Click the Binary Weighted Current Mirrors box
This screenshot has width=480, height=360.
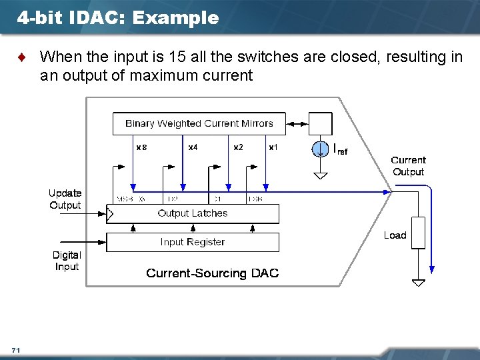[199, 123]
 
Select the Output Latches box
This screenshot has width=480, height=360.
[193, 213]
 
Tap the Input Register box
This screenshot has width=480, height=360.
[193, 242]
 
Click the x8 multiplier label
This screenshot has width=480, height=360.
[141, 147]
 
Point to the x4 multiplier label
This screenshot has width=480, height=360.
[192, 147]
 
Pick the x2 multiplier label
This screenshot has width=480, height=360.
[238, 147]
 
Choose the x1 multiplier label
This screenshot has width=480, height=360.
[273, 147]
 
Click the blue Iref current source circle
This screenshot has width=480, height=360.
[321, 149]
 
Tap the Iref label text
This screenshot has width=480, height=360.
[339, 151]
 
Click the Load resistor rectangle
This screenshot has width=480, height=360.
[418, 232]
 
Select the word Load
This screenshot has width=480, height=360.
[395, 235]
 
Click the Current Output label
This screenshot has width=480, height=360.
[408, 166]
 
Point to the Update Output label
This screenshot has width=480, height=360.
[65, 199]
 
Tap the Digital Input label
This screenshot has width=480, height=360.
[67, 261]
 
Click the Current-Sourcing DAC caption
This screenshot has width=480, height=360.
[212, 273]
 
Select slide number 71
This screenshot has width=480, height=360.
[16, 350]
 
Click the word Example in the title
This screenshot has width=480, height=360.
[175, 18]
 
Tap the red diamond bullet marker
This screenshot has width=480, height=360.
[25, 57]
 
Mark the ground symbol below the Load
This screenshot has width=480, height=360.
[418, 283]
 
